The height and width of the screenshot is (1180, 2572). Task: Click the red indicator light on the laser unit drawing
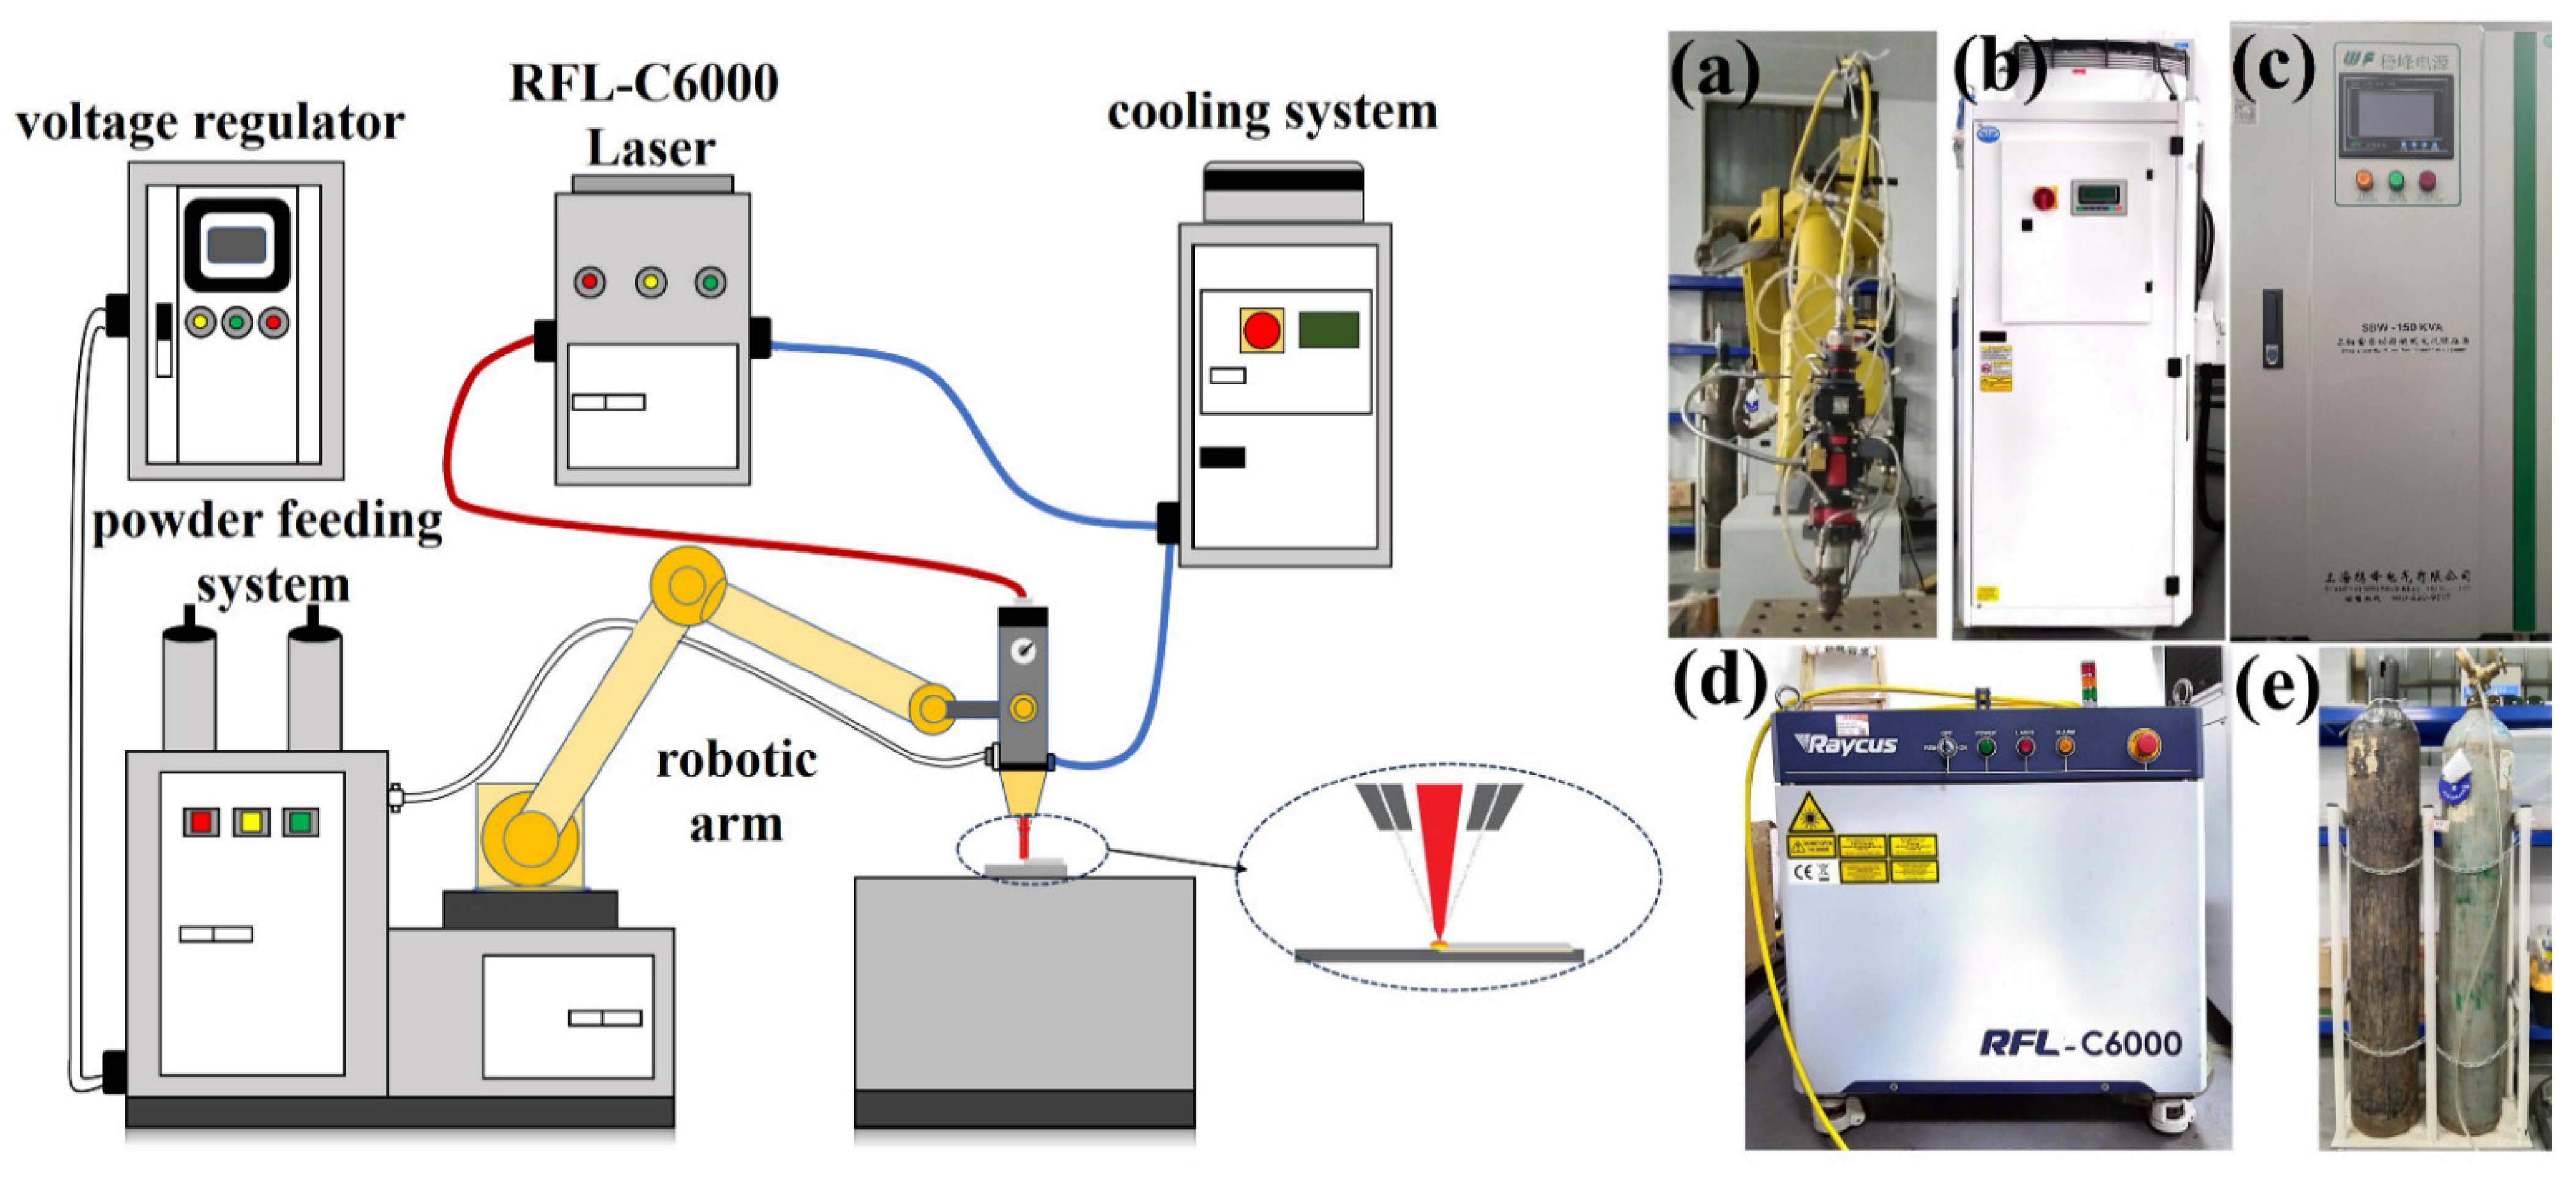(589, 283)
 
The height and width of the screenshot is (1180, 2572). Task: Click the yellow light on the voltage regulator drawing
(201, 323)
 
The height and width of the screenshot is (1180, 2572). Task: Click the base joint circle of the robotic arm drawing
(529, 838)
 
